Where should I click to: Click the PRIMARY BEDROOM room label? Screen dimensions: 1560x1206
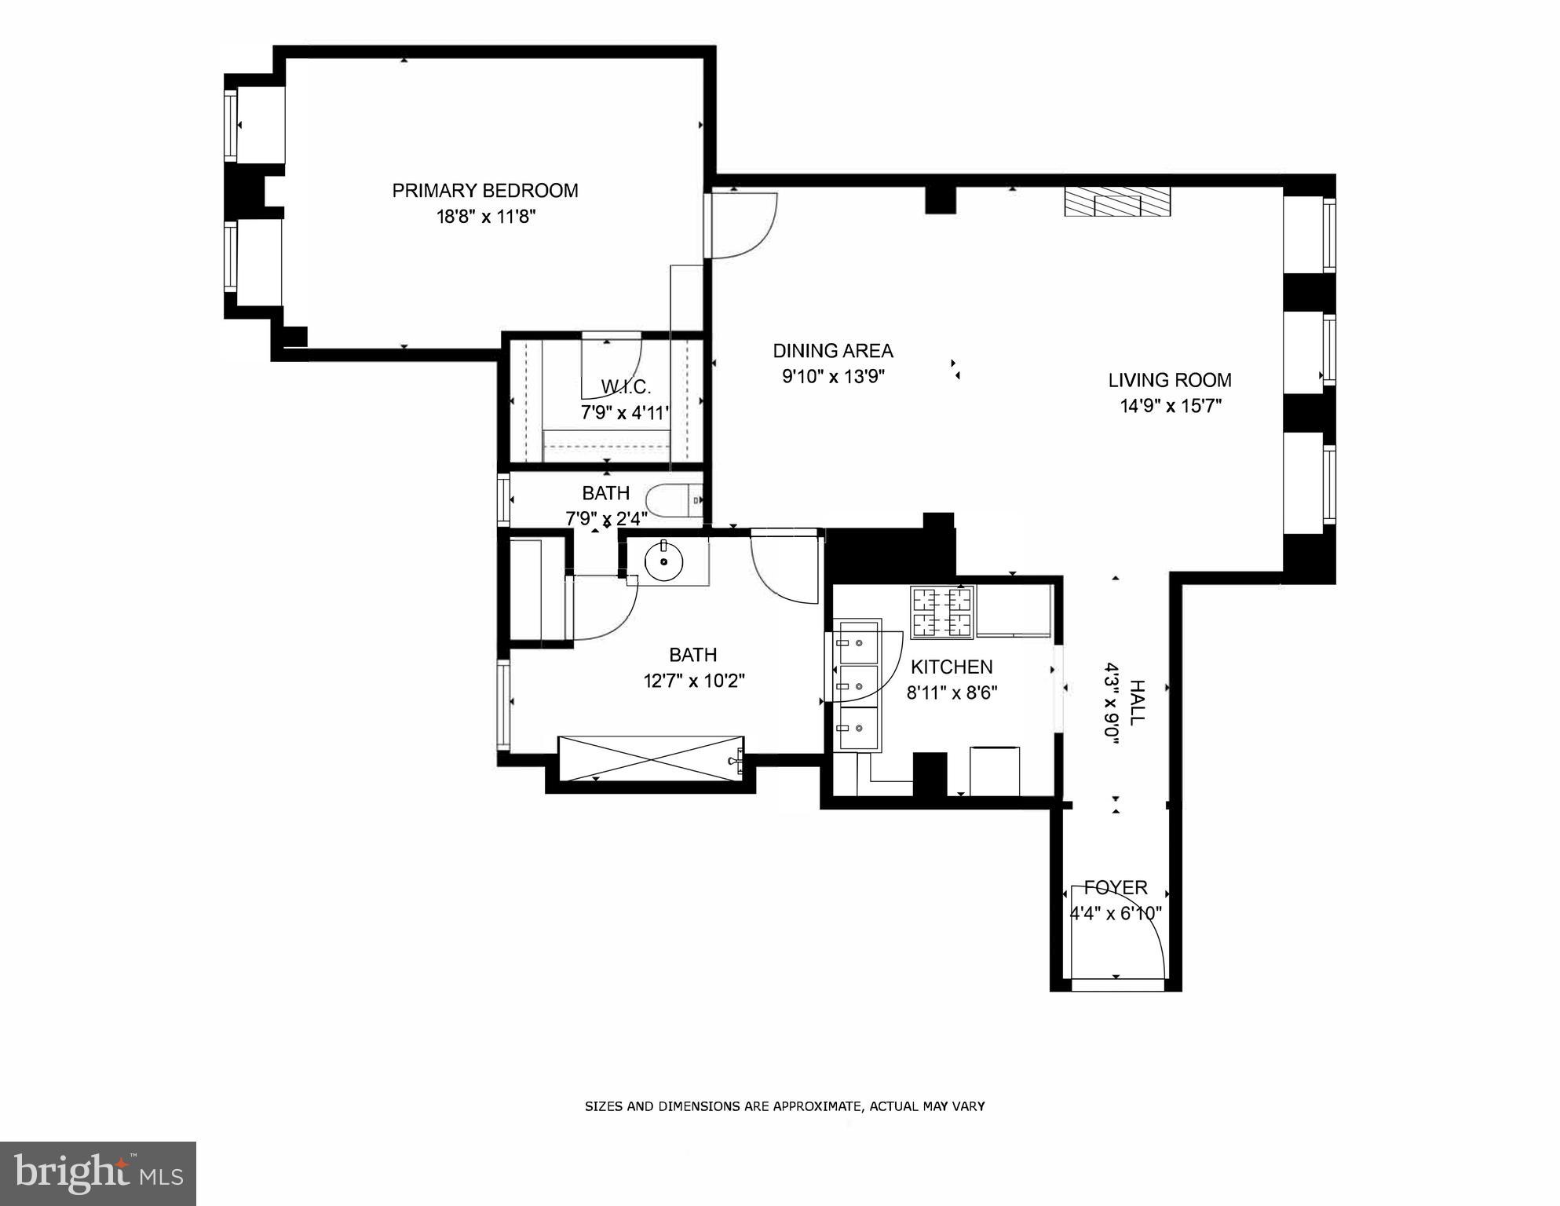485,191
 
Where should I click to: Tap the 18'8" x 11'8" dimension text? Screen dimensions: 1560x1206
486,217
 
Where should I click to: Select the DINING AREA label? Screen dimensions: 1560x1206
833,351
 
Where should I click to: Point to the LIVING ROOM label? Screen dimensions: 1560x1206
1170,380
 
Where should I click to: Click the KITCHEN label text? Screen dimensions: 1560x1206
952,667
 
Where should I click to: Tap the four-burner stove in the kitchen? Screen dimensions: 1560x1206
942,612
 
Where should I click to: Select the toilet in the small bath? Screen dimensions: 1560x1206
674,499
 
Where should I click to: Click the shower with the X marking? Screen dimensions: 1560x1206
650,758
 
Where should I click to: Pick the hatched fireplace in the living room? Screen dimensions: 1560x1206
1117,202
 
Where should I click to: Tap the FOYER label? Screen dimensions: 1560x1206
1116,887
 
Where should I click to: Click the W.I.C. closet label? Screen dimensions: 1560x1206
626,386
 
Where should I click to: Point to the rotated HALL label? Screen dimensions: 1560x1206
1137,703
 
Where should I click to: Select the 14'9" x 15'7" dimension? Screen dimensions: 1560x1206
1171,406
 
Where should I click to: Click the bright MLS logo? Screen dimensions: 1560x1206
98,1174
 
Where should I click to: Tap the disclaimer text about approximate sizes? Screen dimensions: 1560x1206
784,1106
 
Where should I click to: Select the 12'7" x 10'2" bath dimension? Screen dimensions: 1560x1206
693,681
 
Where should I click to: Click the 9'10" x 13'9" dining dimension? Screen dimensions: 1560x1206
833,377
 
